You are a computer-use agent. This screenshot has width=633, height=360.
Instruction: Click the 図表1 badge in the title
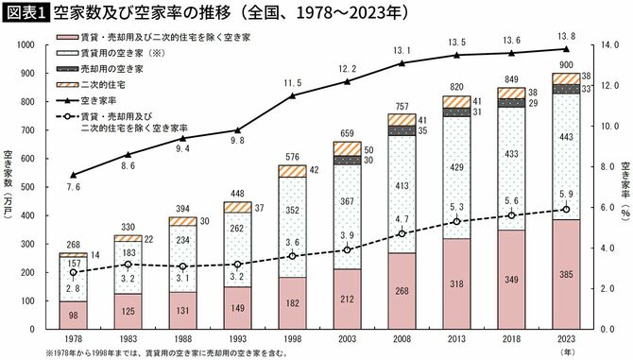coord(26,14)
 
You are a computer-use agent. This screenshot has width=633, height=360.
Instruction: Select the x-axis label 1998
coord(293,337)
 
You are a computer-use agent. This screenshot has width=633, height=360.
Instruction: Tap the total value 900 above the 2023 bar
coord(566,65)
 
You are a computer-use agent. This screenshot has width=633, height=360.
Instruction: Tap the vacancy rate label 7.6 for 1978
coord(74,187)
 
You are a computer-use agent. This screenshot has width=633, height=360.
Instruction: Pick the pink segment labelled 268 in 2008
coord(402,290)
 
